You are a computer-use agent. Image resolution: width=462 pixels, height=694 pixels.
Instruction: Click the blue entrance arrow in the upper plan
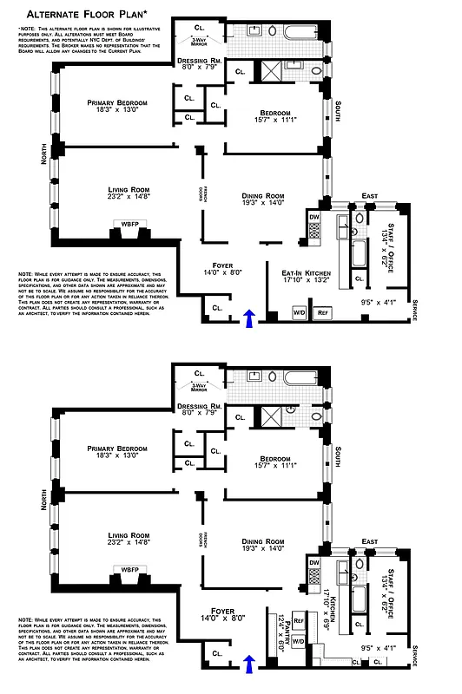pyautogui.click(x=250, y=317)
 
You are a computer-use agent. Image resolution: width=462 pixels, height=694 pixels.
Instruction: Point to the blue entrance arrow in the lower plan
pyautogui.click(x=250, y=664)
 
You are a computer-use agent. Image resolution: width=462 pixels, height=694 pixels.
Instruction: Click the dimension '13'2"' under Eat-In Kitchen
pyautogui.click(x=310, y=279)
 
